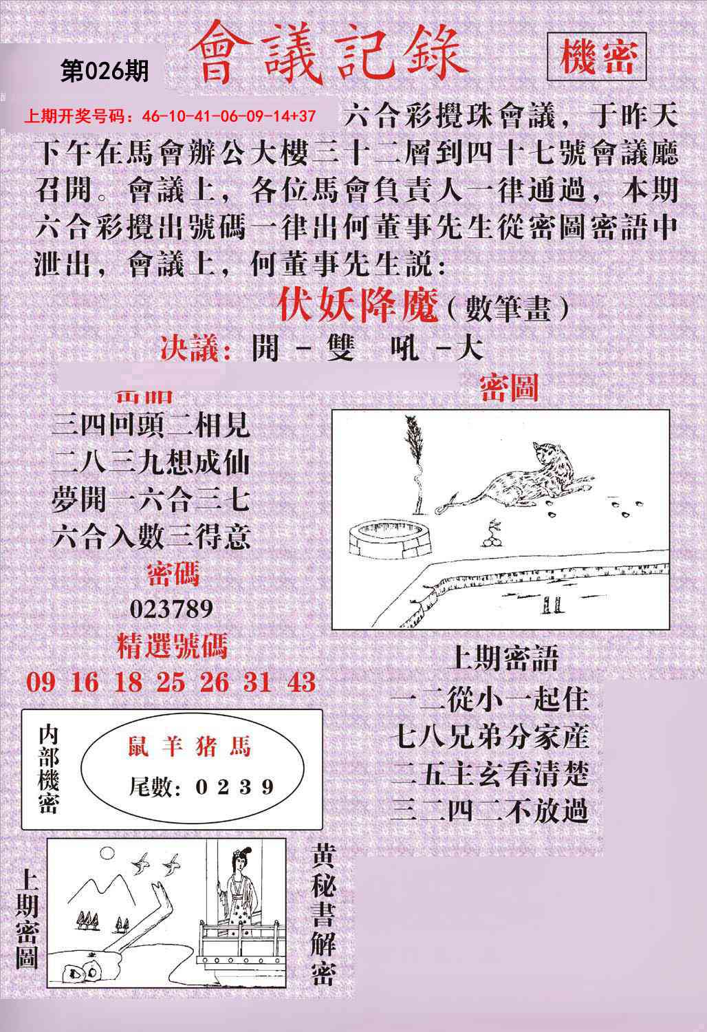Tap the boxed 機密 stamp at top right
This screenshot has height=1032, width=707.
596,57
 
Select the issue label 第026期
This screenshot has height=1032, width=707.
105,71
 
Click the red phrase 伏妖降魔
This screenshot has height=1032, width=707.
358,306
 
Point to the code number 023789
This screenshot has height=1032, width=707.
171,609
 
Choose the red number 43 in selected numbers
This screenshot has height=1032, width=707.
300,682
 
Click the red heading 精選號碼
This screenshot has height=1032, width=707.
171,647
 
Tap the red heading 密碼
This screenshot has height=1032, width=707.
173,574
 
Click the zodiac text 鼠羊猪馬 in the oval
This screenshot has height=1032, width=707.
189,746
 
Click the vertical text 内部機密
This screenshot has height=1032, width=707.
49,768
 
